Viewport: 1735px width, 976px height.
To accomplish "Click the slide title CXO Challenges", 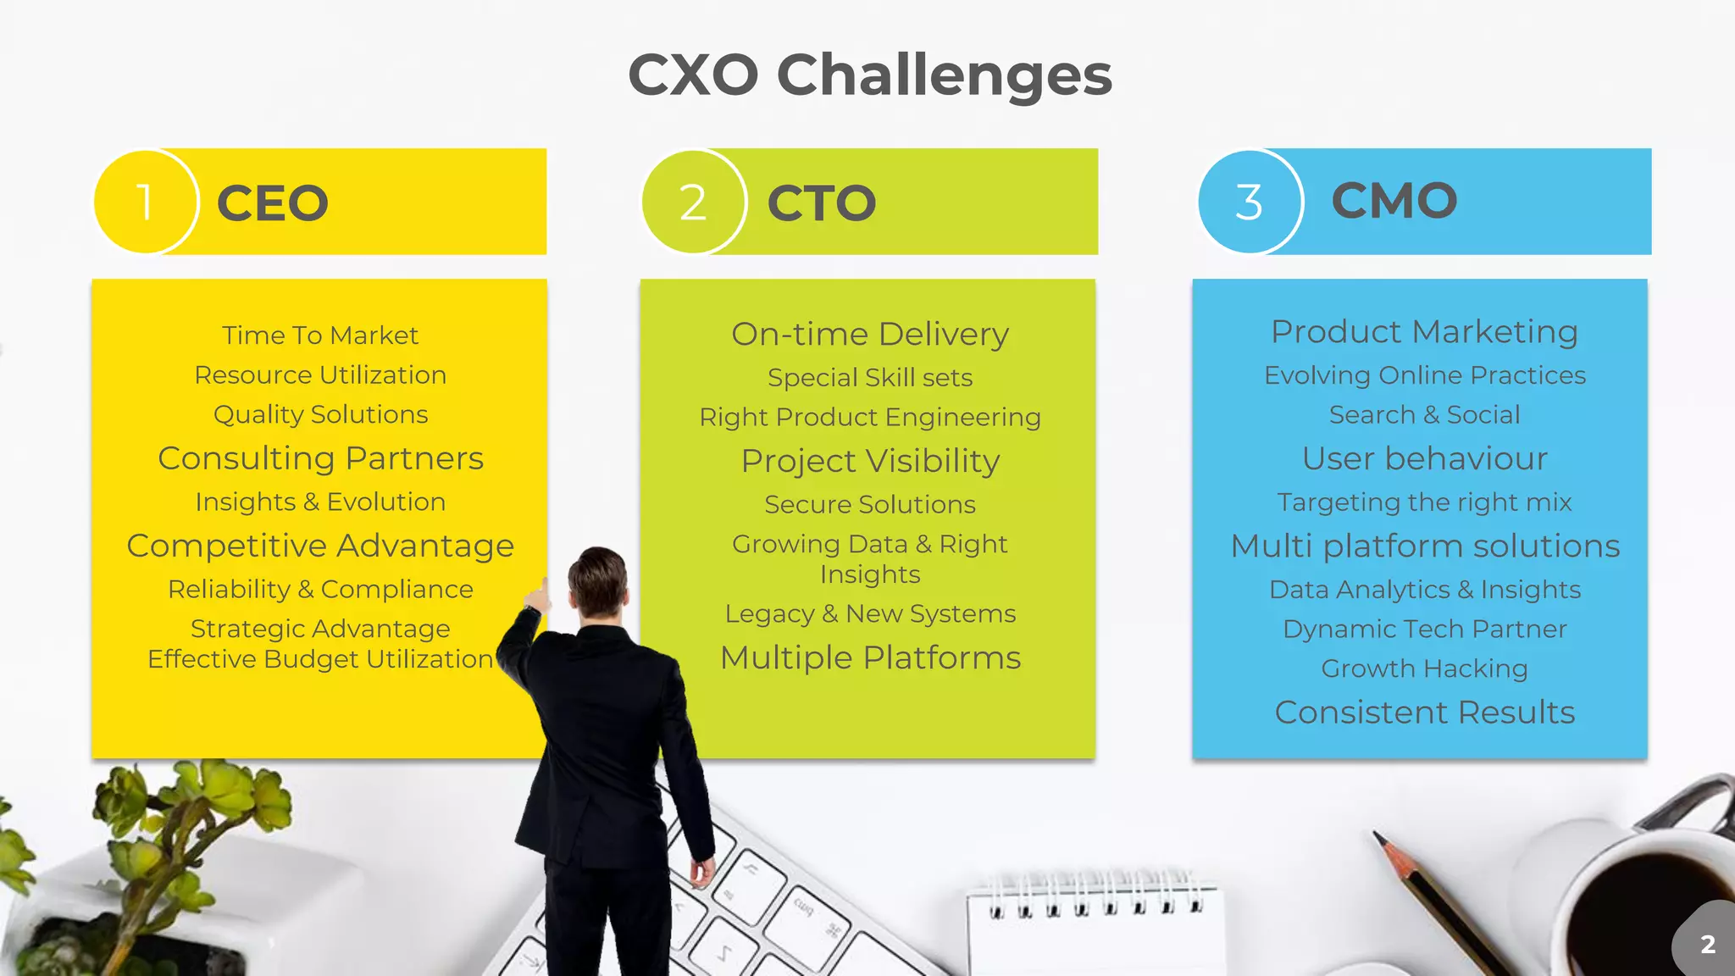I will pos(869,75).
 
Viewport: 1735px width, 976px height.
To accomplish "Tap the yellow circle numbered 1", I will pos(145,202).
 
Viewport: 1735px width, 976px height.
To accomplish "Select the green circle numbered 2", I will pos(693,202).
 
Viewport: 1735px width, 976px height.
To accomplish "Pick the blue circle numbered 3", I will pos(1249,202).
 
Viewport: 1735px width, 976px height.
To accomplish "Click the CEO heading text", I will pos(273,203).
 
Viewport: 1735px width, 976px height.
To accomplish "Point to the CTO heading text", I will pos(821,203).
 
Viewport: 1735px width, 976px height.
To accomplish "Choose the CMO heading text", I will pos(1394,201).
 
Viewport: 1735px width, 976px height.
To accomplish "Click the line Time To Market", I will pos(320,335).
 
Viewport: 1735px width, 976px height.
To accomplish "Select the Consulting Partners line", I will pos(320,458).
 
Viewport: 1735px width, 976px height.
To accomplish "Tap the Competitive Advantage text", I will pos(320,546).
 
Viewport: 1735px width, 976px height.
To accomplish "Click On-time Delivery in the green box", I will pos(870,334).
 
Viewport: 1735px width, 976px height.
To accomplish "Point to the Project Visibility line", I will pos(870,461).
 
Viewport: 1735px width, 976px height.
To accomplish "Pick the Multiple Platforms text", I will pos(870,657).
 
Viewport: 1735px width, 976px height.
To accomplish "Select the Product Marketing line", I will pos(1424,331).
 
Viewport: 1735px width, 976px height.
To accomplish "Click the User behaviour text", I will pos(1424,458).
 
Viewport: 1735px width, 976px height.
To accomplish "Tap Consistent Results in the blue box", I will pos(1424,713).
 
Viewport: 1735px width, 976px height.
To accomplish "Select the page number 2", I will pos(1708,944).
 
